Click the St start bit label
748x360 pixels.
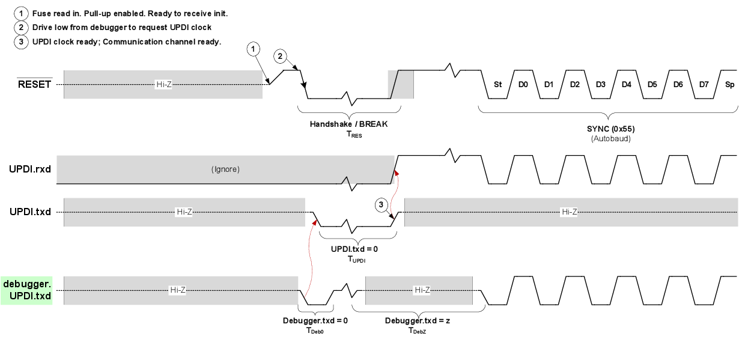pyautogui.click(x=497, y=85)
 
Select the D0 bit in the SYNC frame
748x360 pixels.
pyautogui.click(x=523, y=85)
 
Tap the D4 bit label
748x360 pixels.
pyautogui.click(x=627, y=85)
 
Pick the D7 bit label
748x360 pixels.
pyautogui.click(x=704, y=85)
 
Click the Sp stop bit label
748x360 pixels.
pyautogui.click(x=729, y=85)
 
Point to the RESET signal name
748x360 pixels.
pyautogui.click(x=35, y=85)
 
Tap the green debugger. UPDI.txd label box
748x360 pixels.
pyautogui.click(x=26, y=290)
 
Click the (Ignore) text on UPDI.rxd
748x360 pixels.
pyautogui.click(x=225, y=169)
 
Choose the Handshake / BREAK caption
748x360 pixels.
pyautogui.click(x=349, y=124)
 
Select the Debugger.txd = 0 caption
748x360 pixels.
pyautogui.click(x=315, y=320)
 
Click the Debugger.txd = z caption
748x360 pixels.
pyautogui.click(x=418, y=320)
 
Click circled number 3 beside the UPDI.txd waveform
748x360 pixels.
pyautogui.click(x=382, y=206)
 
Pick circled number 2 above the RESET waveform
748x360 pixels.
pyautogui.click(x=280, y=56)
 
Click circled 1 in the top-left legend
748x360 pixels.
pyautogui.click(x=21, y=13)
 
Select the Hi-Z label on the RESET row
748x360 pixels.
pyautogui.click(x=164, y=85)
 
